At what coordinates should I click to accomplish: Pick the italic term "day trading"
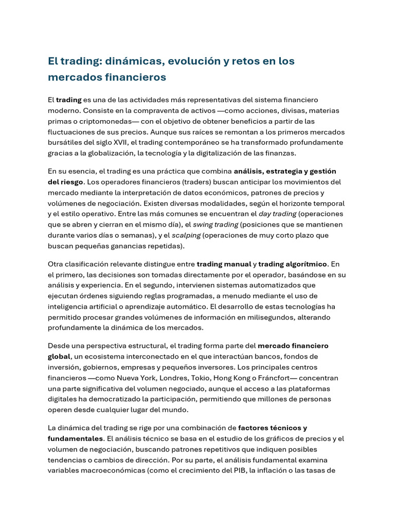coord(278,214)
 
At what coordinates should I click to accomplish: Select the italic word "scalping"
coord(186,235)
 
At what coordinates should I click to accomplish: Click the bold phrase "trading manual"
coord(224,264)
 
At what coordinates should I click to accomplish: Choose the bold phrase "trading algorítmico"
coord(293,264)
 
